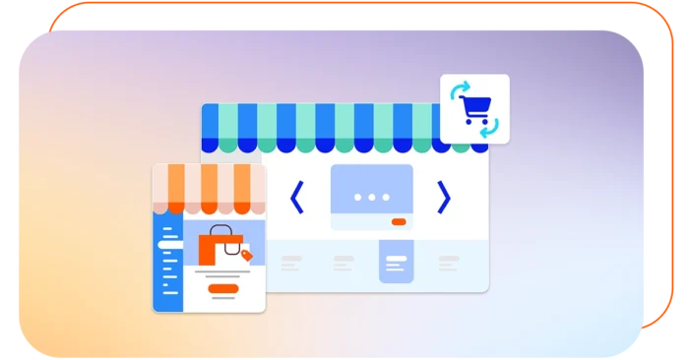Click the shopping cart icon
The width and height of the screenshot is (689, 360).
point(476,110)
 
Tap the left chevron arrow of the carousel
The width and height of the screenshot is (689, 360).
point(296,198)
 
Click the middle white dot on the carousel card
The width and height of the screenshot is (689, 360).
point(371,197)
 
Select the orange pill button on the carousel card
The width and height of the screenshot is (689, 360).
point(398,222)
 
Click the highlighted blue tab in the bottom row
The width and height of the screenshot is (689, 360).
point(396,262)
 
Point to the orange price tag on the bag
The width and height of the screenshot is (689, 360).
point(246,256)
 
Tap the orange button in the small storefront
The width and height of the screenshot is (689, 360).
point(223,289)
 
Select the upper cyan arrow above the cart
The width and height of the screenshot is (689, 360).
point(458,91)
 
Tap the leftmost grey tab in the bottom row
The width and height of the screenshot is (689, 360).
point(291,263)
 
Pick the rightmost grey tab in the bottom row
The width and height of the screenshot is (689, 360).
point(449,263)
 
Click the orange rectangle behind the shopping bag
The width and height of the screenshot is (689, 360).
point(210,247)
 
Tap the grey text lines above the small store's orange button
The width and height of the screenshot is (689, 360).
point(223,274)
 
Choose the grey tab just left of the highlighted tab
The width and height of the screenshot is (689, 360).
point(344,263)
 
